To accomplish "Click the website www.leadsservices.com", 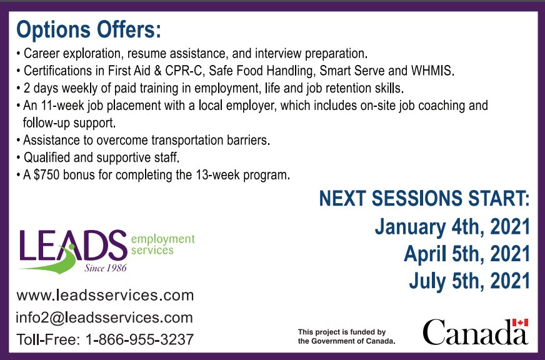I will coord(105,294).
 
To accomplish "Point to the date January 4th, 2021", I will coord(452,226).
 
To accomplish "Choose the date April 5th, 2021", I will coord(467,254).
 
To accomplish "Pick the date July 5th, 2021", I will coord(469,281).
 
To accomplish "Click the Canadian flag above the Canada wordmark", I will coord(520,322).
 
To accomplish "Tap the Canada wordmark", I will coord(474,332).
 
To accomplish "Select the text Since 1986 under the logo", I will coord(106,268).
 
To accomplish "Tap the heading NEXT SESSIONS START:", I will coord(424,199).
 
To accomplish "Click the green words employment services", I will coord(162,244).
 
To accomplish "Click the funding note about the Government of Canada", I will coord(346,336).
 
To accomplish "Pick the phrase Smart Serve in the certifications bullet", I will coord(342,69).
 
